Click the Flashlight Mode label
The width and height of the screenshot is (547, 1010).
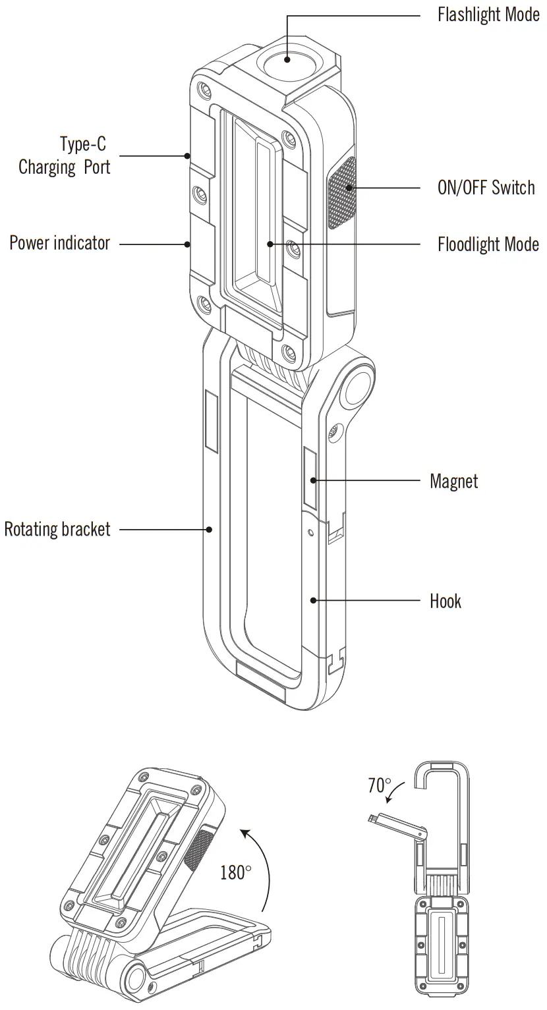pyautogui.click(x=488, y=15)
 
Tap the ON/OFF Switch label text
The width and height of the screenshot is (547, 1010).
pyautogui.click(x=486, y=188)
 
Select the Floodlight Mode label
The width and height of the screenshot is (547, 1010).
pyautogui.click(x=488, y=244)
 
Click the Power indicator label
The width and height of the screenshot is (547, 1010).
pyautogui.click(x=59, y=243)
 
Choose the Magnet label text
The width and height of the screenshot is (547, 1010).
pyautogui.click(x=453, y=481)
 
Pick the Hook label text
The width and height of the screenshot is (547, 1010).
pyautogui.click(x=446, y=601)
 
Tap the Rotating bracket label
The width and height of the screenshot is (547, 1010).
pyautogui.click(x=57, y=529)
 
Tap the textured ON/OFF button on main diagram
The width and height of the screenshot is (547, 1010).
pyautogui.click(x=341, y=193)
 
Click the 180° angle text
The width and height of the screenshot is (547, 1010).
pyautogui.click(x=235, y=873)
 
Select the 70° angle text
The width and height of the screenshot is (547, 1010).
pyautogui.click(x=380, y=785)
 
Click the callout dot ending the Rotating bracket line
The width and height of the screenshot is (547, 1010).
pyautogui.click(x=209, y=528)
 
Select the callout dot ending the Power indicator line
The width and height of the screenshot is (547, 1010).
pyautogui.click(x=188, y=244)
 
